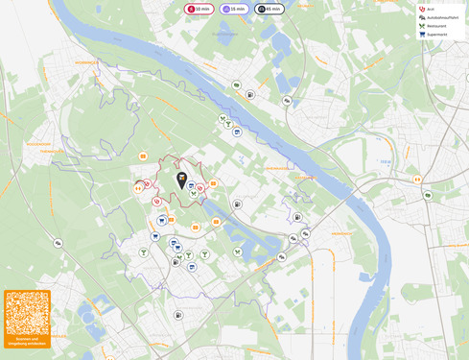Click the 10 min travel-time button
[x=198, y=9]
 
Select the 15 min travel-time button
[x=234, y=9]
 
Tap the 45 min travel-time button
[x=270, y=9]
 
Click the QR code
[x=27, y=313]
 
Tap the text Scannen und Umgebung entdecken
[x=27, y=341]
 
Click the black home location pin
[x=181, y=179]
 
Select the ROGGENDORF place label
[x=39, y=144]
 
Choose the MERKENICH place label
[x=340, y=233]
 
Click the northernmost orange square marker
[x=143, y=156]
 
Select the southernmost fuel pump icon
[x=178, y=315]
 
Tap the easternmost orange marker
[x=417, y=180]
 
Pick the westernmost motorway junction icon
[x=58, y=243]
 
